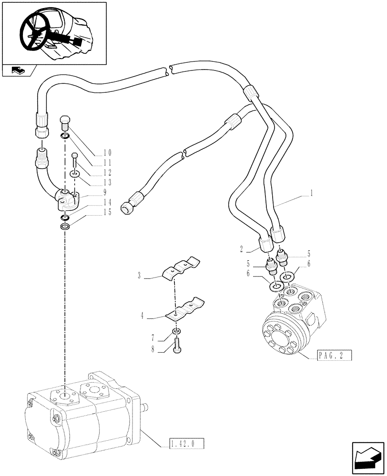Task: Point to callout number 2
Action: (x=242, y=248)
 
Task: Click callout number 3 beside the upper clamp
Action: (x=139, y=275)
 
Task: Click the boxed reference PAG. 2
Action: (x=334, y=356)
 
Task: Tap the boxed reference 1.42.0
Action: (x=186, y=444)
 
